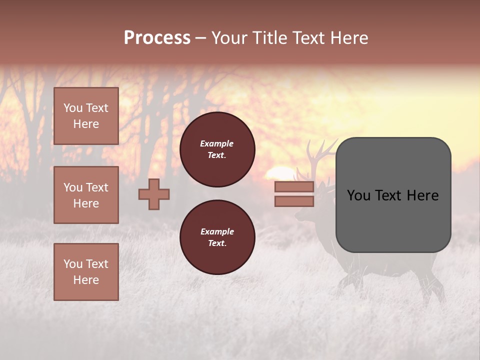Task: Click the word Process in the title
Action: point(157,38)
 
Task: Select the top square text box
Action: point(86,116)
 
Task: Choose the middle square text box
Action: point(86,195)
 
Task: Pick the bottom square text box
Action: point(86,271)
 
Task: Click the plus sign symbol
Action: point(154,194)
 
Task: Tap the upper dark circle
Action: point(217,149)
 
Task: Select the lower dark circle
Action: point(217,237)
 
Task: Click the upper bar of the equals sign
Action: point(294,187)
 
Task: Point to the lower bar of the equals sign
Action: point(294,201)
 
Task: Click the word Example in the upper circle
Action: point(217,143)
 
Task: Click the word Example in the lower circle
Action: point(217,231)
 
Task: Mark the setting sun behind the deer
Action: point(277,173)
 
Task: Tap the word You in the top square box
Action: point(73,108)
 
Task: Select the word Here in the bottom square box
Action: point(86,280)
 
